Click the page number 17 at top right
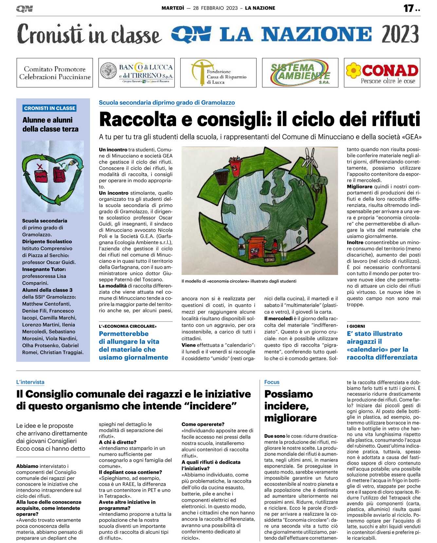coord(409,8)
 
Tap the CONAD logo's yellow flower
coord(353,70)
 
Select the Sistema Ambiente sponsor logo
coord(300,73)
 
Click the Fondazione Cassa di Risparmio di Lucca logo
coord(218,73)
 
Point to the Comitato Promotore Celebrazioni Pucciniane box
coord(55,73)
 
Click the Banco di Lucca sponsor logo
coord(137,73)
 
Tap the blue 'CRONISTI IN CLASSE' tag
coord(50,108)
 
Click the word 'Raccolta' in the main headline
coord(138,119)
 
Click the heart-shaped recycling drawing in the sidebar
coord(52,176)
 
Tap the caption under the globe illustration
coord(239,281)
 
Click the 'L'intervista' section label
coord(30,382)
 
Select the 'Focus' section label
coord(272,382)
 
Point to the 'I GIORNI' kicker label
coord(356,326)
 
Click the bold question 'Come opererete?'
coord(203,424)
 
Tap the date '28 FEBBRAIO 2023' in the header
coord(215,8)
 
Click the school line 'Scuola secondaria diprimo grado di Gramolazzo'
coord(167,103)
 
